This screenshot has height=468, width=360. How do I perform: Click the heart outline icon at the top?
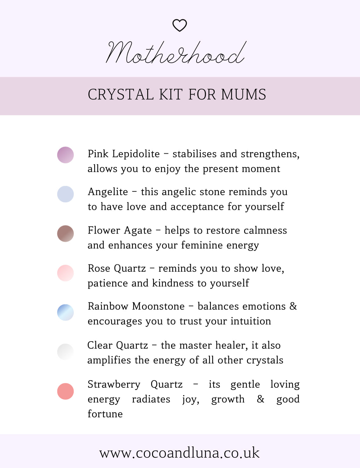click(x=180, y=25)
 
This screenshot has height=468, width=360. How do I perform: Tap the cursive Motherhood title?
click(x=176, y=53)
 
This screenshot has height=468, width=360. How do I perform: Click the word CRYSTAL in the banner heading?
click(x=121, y=94)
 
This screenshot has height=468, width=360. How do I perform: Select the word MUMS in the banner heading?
click(x=244, y=94)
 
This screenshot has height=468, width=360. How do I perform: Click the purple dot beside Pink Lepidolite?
click(x=66, y=155)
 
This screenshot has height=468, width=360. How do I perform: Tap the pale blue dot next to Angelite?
click(x=66, y=194)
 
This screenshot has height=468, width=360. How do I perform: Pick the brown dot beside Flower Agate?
click(x=66, y=233)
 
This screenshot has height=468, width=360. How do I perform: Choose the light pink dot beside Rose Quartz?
click(x=66, y=273)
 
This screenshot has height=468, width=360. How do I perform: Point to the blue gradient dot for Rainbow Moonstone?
click(x=66, y=312)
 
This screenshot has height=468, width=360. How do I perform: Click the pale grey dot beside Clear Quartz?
click(x=66, y=352)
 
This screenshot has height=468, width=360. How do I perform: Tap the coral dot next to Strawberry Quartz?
click(x=66, y=391)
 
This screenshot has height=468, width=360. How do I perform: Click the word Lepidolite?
click(x=136, y=154)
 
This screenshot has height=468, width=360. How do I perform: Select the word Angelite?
click(x=108, y=192)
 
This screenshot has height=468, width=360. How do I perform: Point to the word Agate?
click(x=137, y=231)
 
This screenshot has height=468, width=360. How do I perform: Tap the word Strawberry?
click(x=114, y=385)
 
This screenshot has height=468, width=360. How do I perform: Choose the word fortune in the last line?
click(x=105, y=414)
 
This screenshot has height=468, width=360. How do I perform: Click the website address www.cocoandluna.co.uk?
click(x=180, y=453)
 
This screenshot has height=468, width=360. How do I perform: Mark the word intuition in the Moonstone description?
click(x=251, y=321)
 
